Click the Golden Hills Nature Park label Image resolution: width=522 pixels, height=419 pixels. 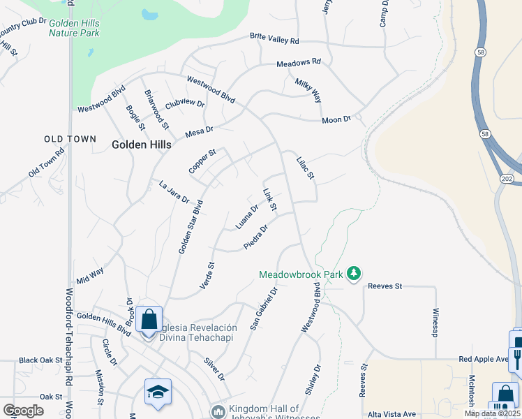pyautogui.click(x=73, y=27)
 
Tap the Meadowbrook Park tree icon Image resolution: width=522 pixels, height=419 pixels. pyautogui.click(x=355, y=273)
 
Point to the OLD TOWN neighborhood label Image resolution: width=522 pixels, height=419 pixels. pyautogui.click(x=70, y=139)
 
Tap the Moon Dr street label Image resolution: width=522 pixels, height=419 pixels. pyautogui.click(x=336, y=120)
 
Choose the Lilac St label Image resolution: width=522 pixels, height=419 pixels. pyautogui.click(x=306, y=168)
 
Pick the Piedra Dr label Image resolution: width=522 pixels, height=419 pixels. pyautogui.click(x=256, y=237)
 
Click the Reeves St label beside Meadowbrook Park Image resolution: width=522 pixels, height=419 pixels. pyautogui.click(x=386, y=286)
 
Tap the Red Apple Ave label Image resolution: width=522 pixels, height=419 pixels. pyautogui.click(x=484, y=359)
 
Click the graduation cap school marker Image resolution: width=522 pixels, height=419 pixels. pyautogui.click(x=158, y=392)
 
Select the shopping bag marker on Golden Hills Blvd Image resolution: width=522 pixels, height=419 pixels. pyautogui.click(x=149, y=320)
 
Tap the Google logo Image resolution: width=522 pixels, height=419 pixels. pyautogui.click(x=23, y=410)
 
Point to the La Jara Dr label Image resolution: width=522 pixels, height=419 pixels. pyautogui.click(x=174, y=191)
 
